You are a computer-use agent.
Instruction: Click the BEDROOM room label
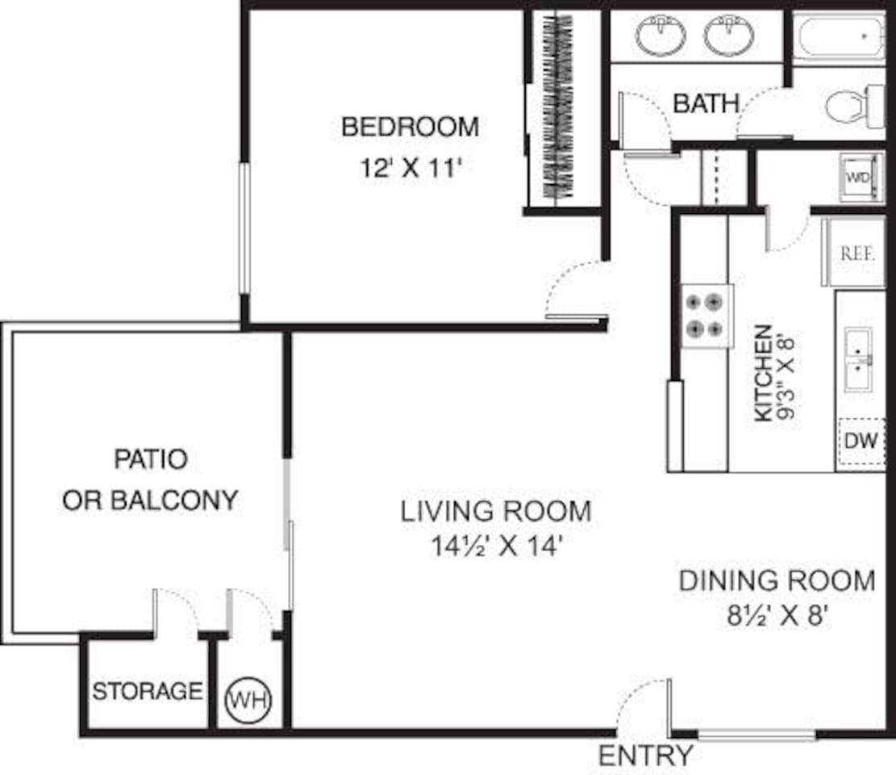[x=410, y=127]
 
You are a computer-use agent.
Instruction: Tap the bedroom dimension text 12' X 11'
[x=410, y=169]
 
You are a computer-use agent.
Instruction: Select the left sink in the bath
[x=661, y=35]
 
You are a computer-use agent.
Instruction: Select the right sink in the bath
[x=729, y=35]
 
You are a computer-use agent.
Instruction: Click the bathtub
[x=839, y=36]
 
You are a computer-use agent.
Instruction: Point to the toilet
[x=853, y=107]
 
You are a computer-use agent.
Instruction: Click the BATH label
[x=706, y=103]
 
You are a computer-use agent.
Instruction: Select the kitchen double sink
[x=858, y=359]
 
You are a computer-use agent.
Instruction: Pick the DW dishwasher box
[x=861, y=442]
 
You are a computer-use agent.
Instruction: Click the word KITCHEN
[x=763, y=373]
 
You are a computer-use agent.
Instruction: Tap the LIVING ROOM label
[x=496, y=511]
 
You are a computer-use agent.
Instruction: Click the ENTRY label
[x=645, y=756]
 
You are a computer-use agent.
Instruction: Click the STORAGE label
[x=147, y=691]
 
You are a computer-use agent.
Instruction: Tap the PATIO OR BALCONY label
[x=150, y=480]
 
